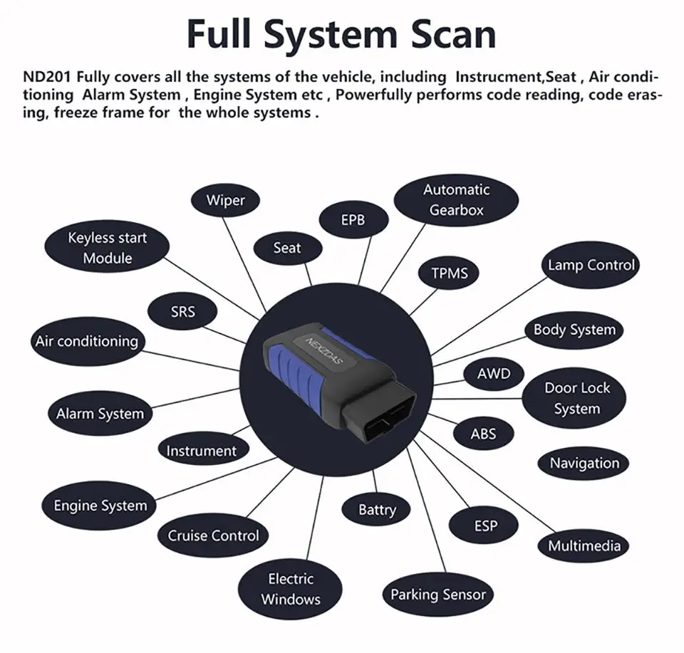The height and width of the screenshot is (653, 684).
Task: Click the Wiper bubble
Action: tap(226, 200)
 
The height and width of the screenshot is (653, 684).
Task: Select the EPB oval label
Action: tap(353, 220)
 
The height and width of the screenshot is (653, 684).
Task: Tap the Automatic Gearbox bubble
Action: tap(456, 200)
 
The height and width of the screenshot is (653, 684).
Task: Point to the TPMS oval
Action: tap(449, 273)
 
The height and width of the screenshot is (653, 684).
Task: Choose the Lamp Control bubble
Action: tap(591, 265)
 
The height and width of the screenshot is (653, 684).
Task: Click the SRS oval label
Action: tap(182, 311)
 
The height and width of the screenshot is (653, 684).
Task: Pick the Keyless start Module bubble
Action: tap(107, 247)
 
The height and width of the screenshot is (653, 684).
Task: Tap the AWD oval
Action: tap(493, 374)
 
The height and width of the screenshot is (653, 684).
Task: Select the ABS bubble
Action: tap(483, 434)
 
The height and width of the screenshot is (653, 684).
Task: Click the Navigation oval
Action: tap(584, 463)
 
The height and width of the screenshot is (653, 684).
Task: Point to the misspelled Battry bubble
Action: tap(376, 510)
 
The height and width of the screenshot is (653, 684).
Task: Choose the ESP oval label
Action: tap(484, 526)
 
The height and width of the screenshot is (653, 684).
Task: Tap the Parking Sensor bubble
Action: tap(438, 595)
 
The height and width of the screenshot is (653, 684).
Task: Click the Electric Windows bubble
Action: tap(291, 590)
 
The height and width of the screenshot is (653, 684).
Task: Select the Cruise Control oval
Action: tap(213, 536)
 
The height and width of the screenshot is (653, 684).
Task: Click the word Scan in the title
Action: tap(453, 34)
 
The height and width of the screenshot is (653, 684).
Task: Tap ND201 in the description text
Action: tap(47, 77)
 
